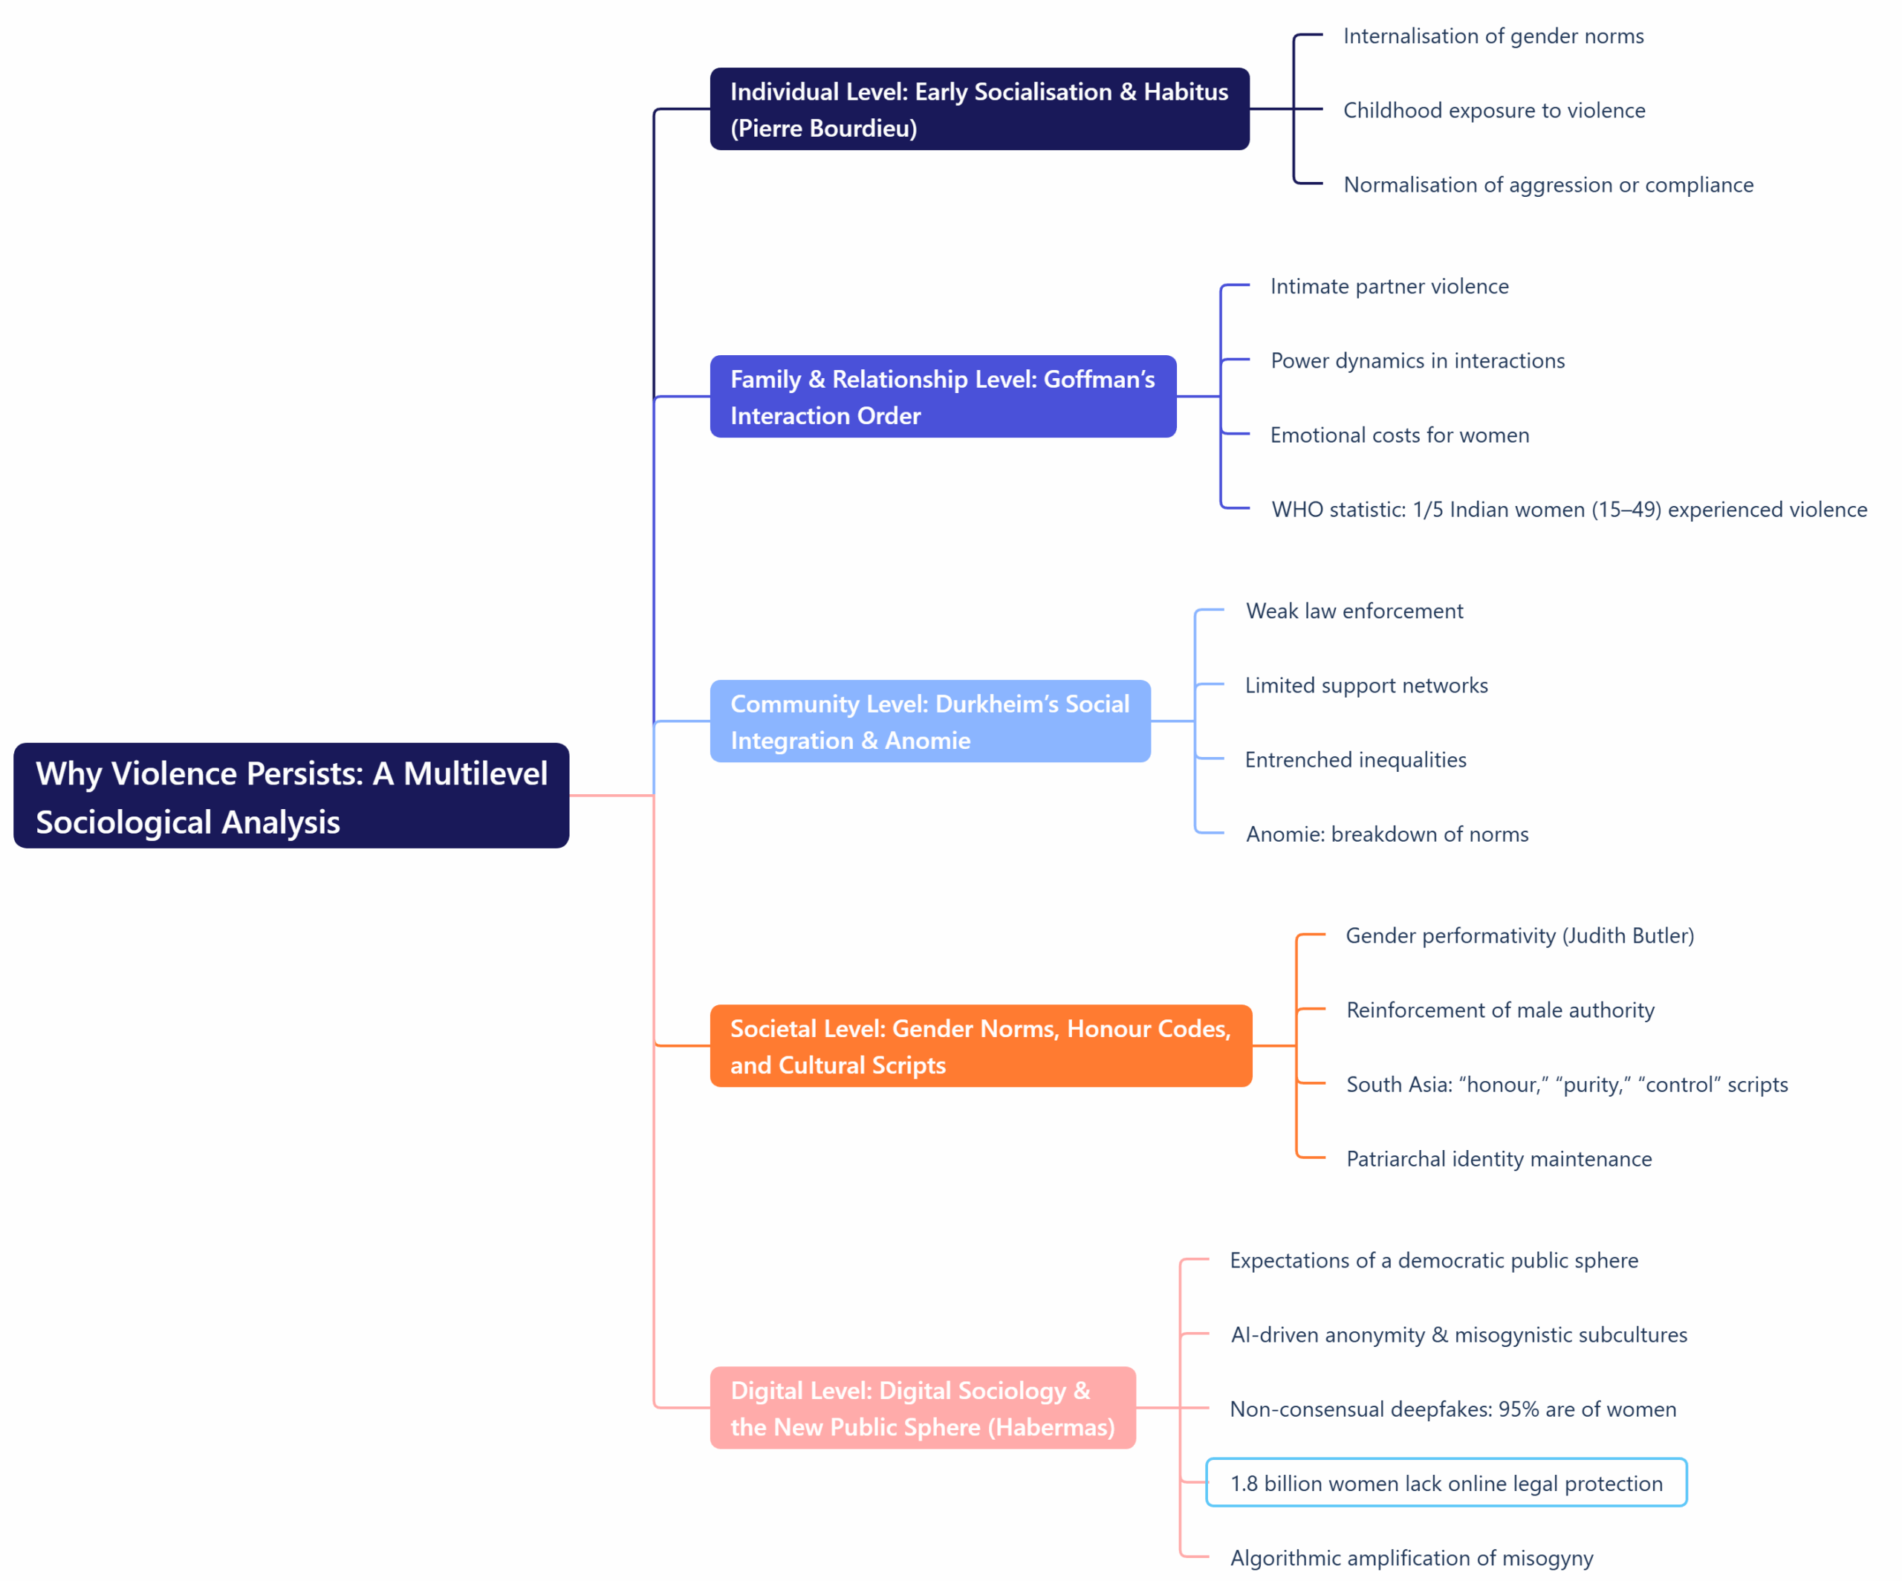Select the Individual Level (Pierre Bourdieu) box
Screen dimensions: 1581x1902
click(979, 108)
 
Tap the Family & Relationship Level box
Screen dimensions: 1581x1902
click(943, 397)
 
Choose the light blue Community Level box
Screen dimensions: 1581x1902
click(930, 721)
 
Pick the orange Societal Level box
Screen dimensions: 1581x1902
click(981, 1046)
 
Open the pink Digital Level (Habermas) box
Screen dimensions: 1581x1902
click(922, 1408)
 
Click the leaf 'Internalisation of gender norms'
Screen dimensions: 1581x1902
click(1493, 36)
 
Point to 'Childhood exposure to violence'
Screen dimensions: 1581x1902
click(1493, 111)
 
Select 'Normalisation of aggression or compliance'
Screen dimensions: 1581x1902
click(1548, 185)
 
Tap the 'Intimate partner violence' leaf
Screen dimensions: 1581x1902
click(1389, 286)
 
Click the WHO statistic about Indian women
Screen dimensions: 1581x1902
click(1568, 510)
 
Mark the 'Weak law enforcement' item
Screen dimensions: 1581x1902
click(1354, 611)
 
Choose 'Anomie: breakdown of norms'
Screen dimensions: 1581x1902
click(1386, 834)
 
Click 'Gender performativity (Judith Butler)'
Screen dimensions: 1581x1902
click(1519, 935)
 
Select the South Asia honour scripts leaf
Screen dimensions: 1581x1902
click(1567, 1085)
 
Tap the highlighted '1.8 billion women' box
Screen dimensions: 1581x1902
click(1446, 1483)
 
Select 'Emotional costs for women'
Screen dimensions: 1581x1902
click(1399, 435)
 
